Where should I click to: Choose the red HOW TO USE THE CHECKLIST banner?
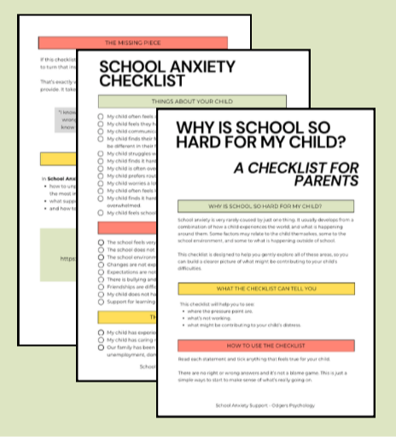click(265, 346)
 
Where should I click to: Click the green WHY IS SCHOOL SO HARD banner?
click(265, 207)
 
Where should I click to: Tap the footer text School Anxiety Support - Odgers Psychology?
click(265, 405)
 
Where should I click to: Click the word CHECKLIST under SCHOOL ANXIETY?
click(142, 81)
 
